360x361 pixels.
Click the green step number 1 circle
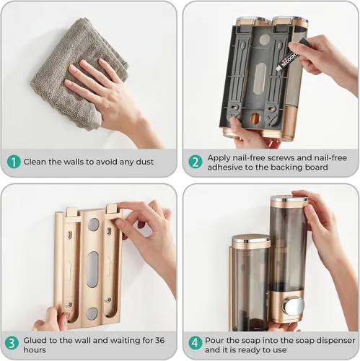tap(14, 162)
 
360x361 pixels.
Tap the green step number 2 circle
tap(196, 162)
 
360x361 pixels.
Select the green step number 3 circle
tap(12, 344)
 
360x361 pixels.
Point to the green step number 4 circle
tap(196, 344)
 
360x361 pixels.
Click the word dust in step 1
tap(145, 162)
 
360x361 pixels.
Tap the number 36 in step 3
tap(159, 340)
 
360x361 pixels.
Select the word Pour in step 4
tap(214, 341)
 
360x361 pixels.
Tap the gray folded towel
tap(79, 72)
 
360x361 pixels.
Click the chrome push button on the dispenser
tap(293, 306)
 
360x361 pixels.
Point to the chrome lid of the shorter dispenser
tap(251, 239)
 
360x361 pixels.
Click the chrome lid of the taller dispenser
tap(289, 199)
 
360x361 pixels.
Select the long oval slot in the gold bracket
tap(92, 269)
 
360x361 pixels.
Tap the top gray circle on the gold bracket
tap(93, 225)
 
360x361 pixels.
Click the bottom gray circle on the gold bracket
tap(92, 314)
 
